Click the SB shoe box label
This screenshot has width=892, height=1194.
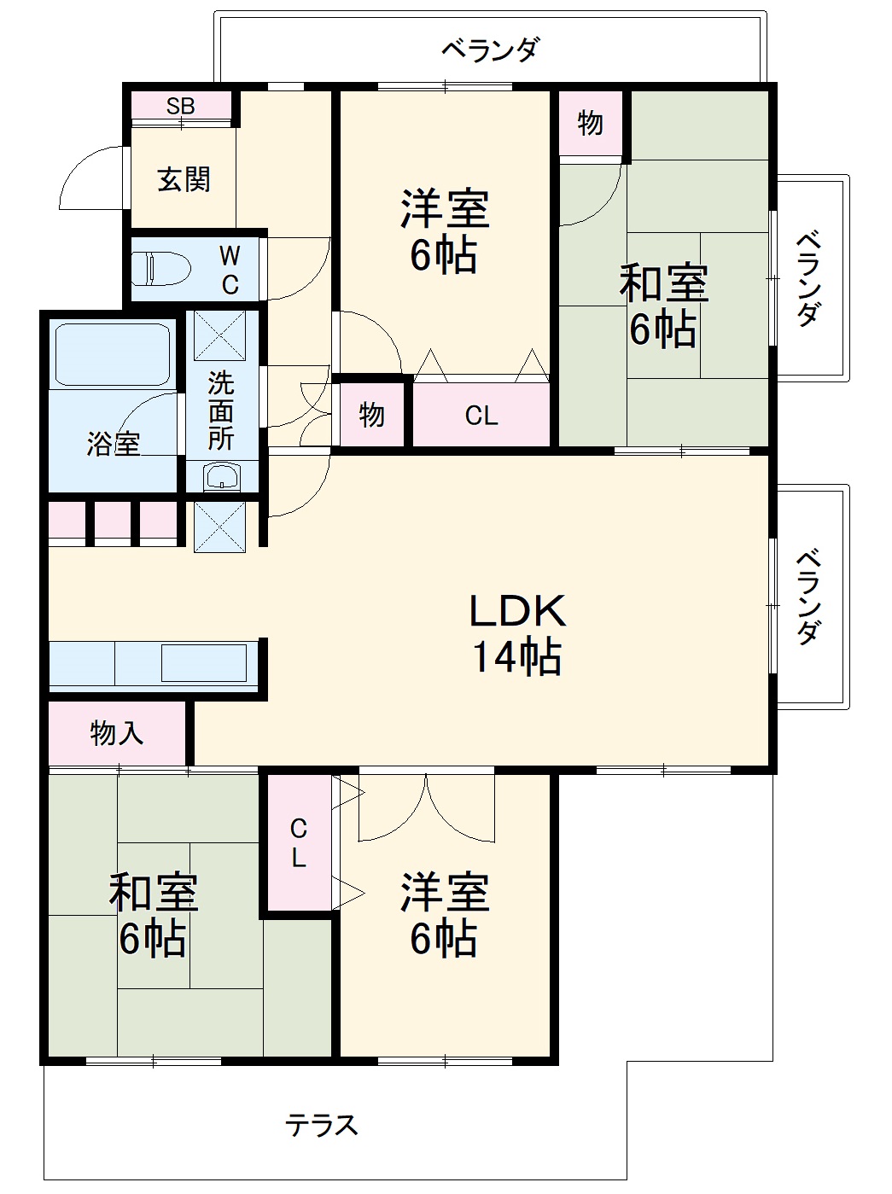coord(180,106)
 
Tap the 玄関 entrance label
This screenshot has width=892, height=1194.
coord(184,180)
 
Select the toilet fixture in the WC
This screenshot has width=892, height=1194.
coord(160,267)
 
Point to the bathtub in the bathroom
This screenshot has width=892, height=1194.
coord(112,354)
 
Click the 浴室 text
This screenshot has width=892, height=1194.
coord(113,444)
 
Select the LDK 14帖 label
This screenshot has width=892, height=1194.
coord(516,633)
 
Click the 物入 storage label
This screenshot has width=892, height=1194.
coord(117,733)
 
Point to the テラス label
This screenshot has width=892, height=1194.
coord(322,1125)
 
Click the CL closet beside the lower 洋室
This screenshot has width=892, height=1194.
coord(298,842)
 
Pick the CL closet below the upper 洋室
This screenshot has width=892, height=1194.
coord(481,416)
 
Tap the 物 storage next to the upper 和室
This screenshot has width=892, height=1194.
coord(590,124)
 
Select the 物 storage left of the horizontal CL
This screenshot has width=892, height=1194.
coord(371,416)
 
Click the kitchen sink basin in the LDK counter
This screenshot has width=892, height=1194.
coord(204,663)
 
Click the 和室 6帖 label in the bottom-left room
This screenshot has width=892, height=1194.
coord(154,915)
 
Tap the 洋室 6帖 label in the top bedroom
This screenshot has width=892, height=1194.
coord(444,231)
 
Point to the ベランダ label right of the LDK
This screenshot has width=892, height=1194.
coord(810,597)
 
